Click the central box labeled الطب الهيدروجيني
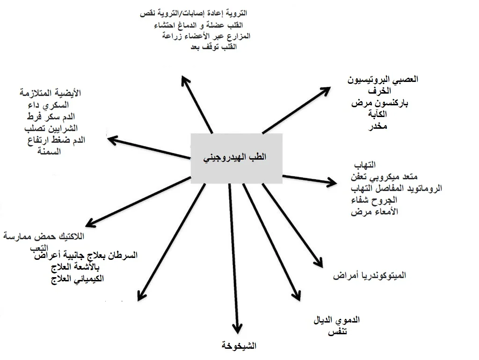click(x=236, y=158)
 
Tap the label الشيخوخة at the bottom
click(x=239, y=346)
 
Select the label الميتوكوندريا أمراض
click(x=370, y=276)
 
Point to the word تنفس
click(x=337, y=332)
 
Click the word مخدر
click(x=378, y=126)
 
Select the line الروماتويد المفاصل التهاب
click(x=396, y=188)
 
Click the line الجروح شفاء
click(x=374, y=200)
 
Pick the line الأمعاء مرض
click(x=374, y=212)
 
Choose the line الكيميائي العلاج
click(x=76, y=279)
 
